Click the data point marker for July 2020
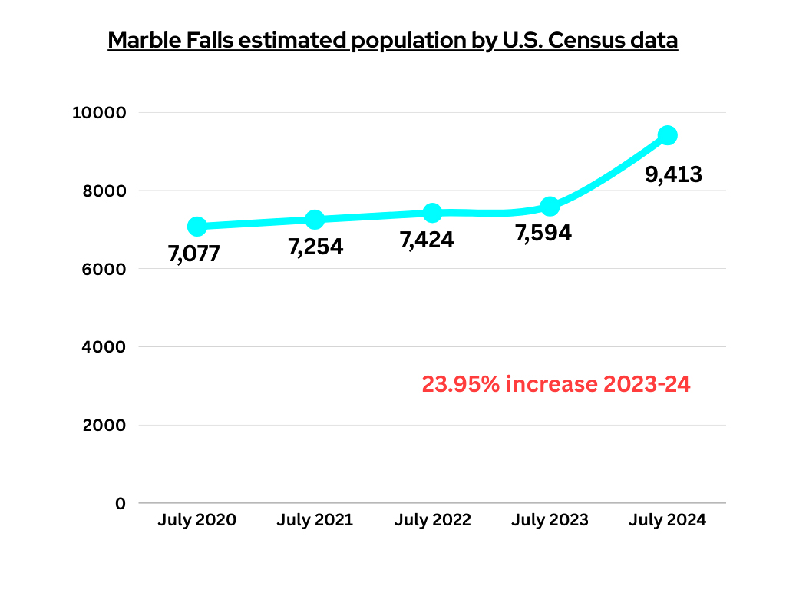pos(197,226)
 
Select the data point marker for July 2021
pos(315,220)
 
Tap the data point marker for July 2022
pos(432,213)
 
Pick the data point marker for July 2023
pos(550,206)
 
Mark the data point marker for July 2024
pos(668,135)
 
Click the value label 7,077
pos(194,254)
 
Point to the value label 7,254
pos(315,247)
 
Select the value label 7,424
pos(427,240)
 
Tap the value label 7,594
pos(543,233)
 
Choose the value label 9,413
pos(673,174)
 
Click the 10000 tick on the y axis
pos(98,113)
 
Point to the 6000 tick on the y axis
pos(104,269)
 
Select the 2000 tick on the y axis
pos(104,426)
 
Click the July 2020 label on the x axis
pos(197,520)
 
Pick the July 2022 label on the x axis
pos(432,520)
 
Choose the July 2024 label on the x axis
pos(667,520)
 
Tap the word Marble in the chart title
pos(143,40)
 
